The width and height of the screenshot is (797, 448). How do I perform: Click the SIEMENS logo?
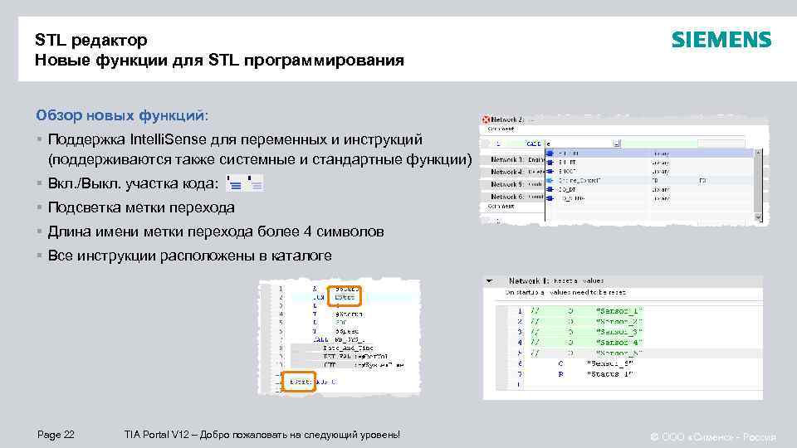[x=721, y=40]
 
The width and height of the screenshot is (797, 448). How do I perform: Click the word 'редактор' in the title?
[x=108, y=40]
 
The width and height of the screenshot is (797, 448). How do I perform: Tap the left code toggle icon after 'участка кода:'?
[x=235, y=184]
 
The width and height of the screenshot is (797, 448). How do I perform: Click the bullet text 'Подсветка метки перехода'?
[x=141, y=207]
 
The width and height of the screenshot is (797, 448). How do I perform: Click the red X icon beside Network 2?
[x=487, y=119]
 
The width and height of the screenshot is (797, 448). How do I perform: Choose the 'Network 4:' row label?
[x=506, y=172]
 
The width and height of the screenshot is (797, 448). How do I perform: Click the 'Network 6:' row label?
[x=506, y=196]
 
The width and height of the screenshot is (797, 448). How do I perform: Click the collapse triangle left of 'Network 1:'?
[x=490, y=280]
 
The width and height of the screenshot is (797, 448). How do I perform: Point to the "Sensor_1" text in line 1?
[x=619, y=310]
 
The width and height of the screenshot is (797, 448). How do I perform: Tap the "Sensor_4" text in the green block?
[x=619, y=342]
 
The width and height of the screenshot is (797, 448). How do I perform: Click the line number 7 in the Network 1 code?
[x=520, y=373]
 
